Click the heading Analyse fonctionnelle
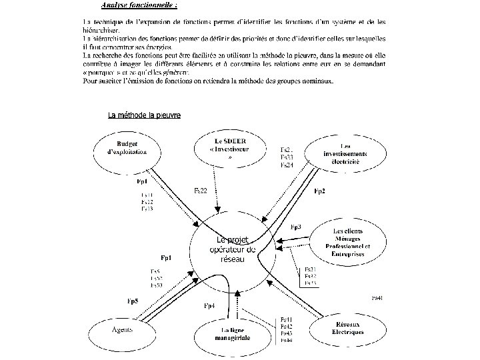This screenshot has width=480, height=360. coord(139,6)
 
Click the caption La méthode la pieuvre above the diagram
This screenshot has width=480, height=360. coord(144,115)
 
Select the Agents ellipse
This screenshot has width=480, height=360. coord(121,329)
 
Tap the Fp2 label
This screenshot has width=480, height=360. coord(319,191)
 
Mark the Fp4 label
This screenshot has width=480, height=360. coord(209,305)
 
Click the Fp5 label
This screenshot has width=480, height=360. coord(133,301)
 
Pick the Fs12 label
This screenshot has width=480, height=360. coord(147,201)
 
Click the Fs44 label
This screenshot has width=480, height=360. coord(286,339)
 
